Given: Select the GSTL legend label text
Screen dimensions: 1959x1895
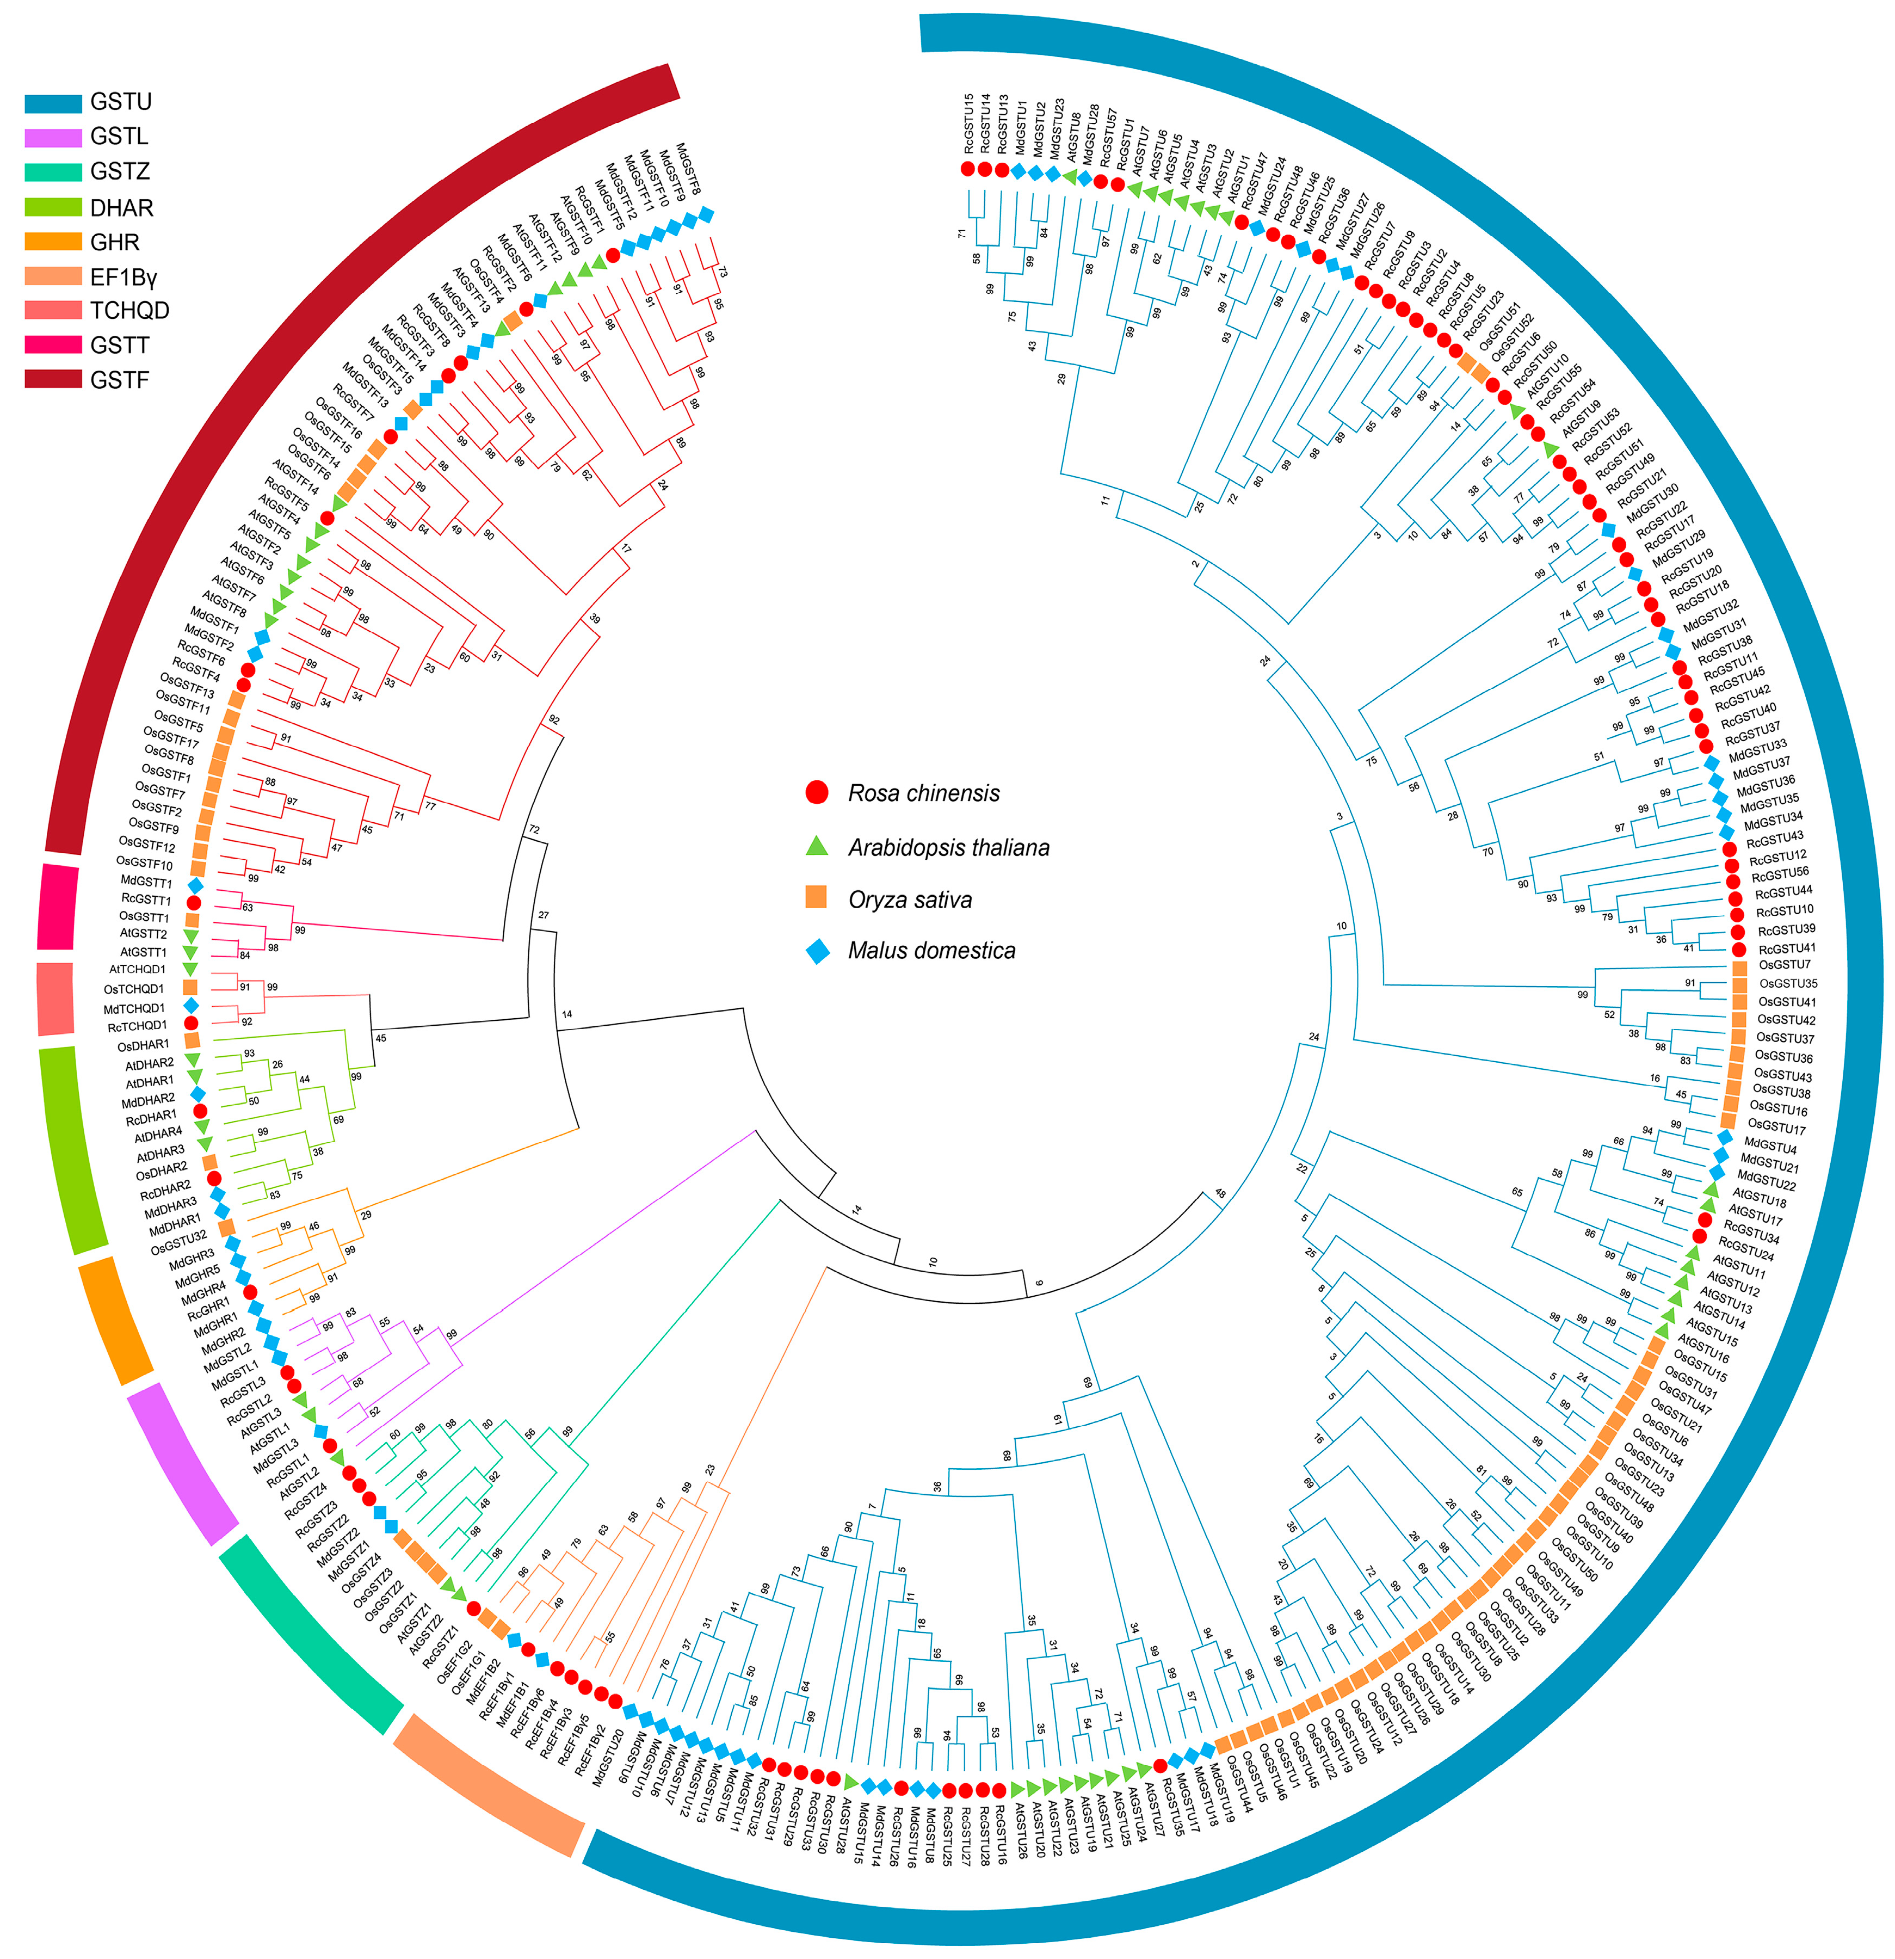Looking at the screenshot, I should pos(119,137).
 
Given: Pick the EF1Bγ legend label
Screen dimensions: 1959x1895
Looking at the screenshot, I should pos(123,277).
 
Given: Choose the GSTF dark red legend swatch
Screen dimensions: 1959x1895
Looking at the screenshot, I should pos(52,380).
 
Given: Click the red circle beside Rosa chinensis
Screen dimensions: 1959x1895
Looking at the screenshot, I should pos(817,793).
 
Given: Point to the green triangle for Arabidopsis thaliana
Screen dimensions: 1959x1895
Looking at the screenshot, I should pos(817,846).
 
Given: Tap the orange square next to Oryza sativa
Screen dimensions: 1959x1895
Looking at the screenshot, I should pos(817,897).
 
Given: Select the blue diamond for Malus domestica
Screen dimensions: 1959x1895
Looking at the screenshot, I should pos(817,951).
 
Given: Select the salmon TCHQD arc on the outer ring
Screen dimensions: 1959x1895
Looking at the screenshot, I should pos(55,999).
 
